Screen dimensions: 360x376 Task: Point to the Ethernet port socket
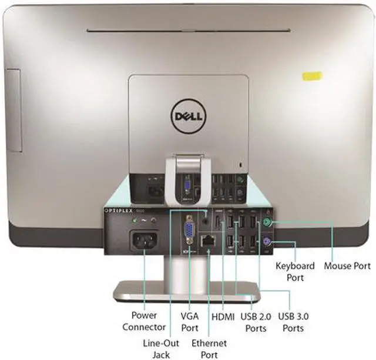[209, 241]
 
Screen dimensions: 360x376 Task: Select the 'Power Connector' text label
[143, 321]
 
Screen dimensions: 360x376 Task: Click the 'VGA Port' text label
[190, 321]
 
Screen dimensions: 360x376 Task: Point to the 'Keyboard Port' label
[295, 271]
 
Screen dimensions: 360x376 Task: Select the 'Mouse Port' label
[347, 266]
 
